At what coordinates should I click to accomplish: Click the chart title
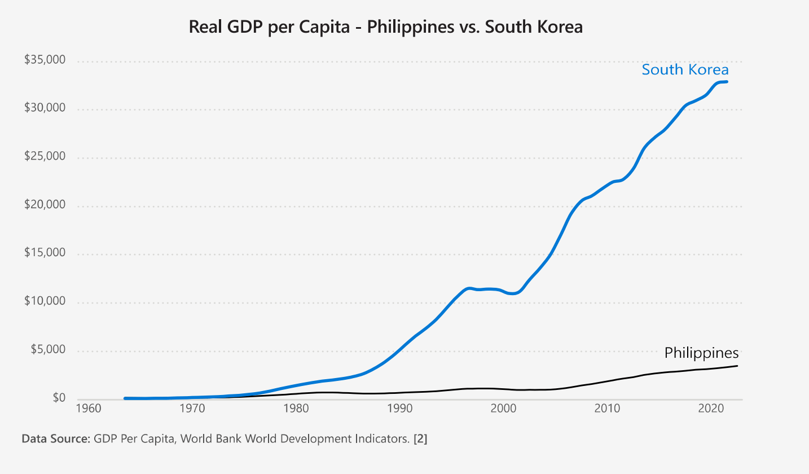pos(385,27)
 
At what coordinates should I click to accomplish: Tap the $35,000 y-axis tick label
pos(45,60)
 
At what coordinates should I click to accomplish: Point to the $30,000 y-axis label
pos(45,108)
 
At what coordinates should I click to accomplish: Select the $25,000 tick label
pos(45,157)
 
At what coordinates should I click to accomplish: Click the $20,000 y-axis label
pos(45,205)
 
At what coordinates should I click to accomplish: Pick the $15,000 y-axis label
pos(45,253)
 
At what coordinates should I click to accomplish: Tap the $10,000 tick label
pos(45,301)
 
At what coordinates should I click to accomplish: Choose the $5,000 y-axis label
pos(47,350)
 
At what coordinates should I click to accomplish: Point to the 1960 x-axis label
pos(87,409)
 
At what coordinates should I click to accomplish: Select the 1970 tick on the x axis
pos(191,409)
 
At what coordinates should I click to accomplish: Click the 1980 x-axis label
pos(295,409)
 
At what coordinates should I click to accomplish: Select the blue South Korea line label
pos(685,70)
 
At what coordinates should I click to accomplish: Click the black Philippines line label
pos(701,353)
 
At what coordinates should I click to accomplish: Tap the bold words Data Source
pos(56,438)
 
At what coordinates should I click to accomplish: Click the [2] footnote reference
pos(420,438)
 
